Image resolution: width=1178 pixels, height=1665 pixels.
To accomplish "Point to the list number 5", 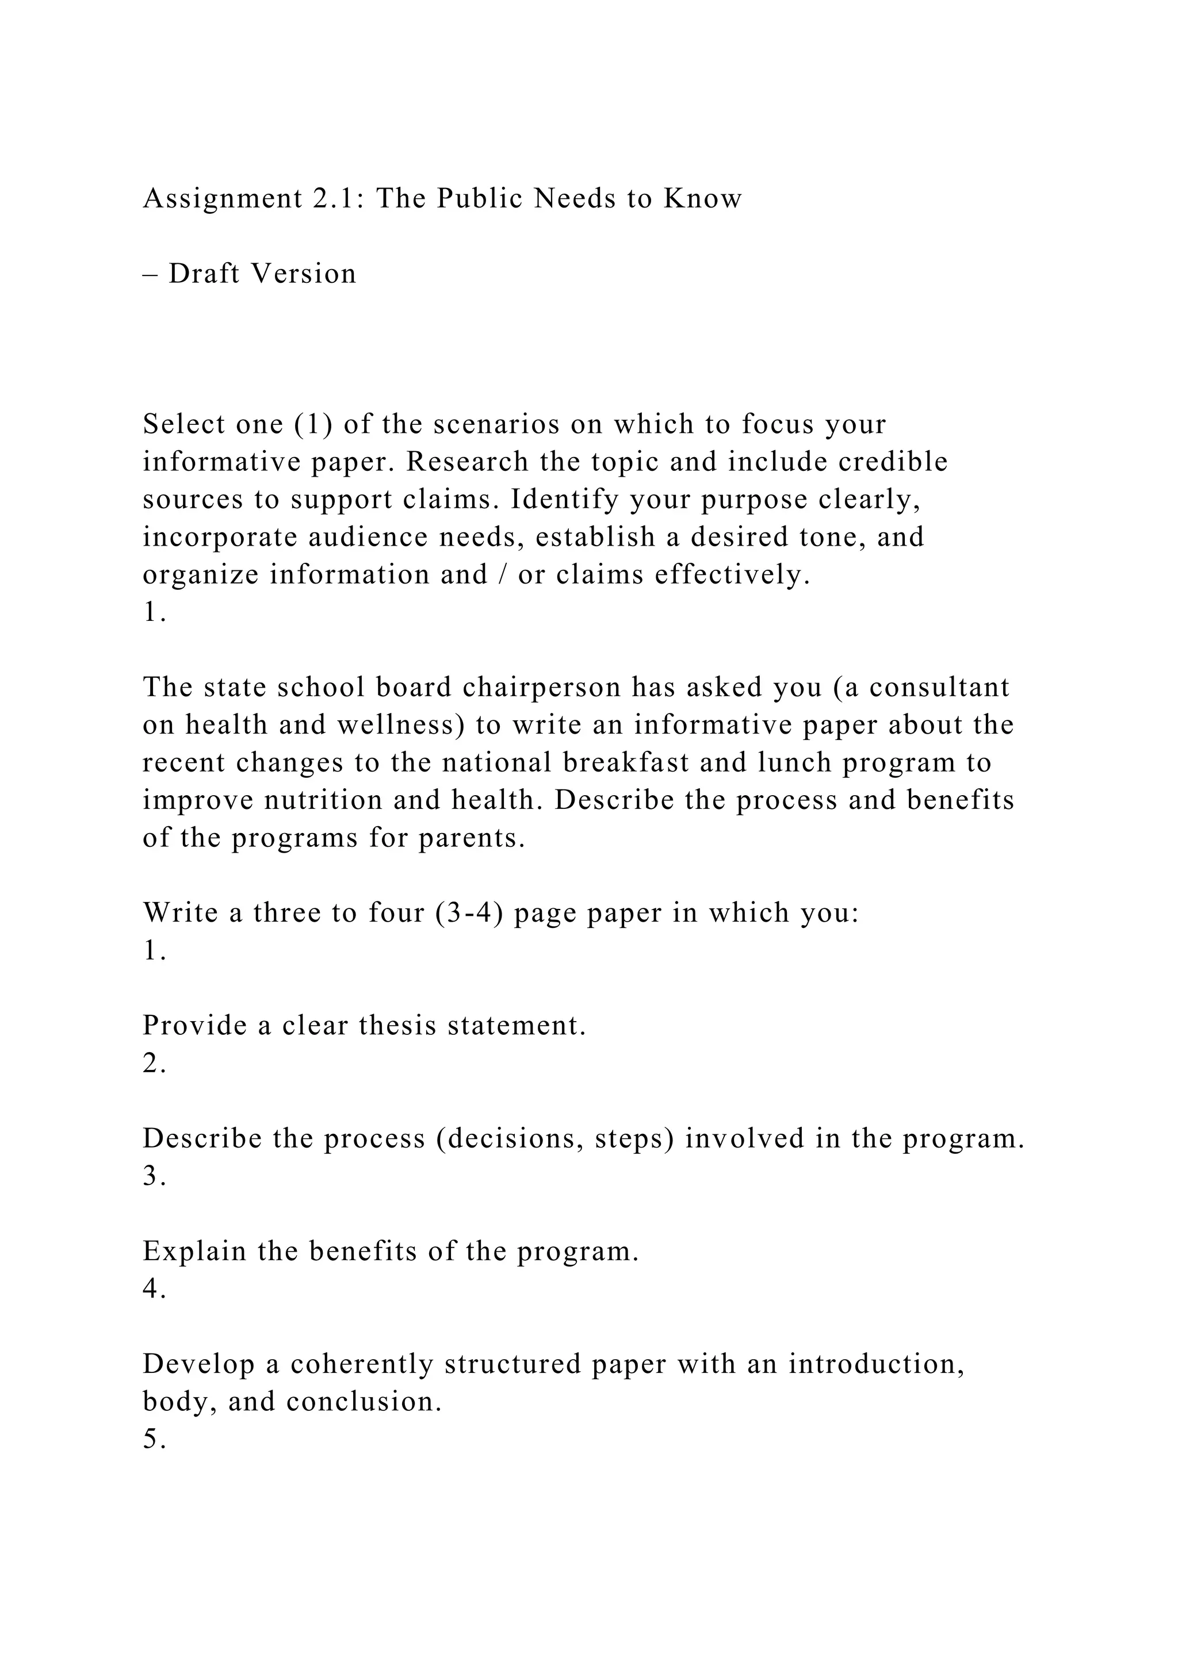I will (154, 1440).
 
